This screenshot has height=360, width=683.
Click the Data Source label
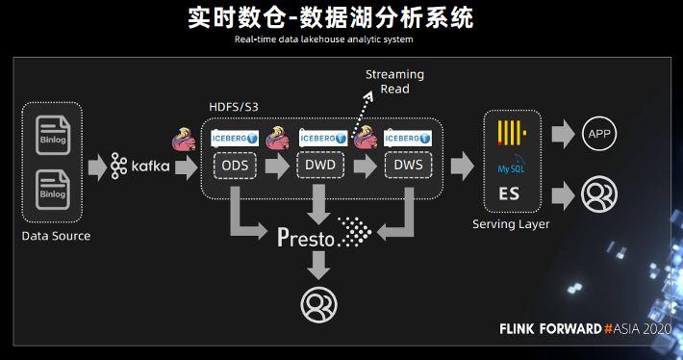tap(55, 236)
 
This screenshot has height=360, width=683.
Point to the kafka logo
tap(140, 166)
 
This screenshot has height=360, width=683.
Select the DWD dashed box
tap(320, 165)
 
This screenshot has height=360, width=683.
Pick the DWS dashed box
tap(406, 165)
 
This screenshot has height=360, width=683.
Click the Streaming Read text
tap(394, 82)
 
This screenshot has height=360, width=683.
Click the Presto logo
tap(323, 234)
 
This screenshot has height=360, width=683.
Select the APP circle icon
tap(598, 135)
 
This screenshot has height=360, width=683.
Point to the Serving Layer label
tap(511, 224)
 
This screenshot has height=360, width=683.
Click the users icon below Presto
tap(318, 304)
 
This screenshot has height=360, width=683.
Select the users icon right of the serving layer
tap(598, 194)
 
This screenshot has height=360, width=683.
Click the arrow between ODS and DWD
tap(277, 166)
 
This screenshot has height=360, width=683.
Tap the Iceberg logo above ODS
tap(234, 139)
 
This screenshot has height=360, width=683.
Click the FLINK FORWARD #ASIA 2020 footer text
tap(585, 328)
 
